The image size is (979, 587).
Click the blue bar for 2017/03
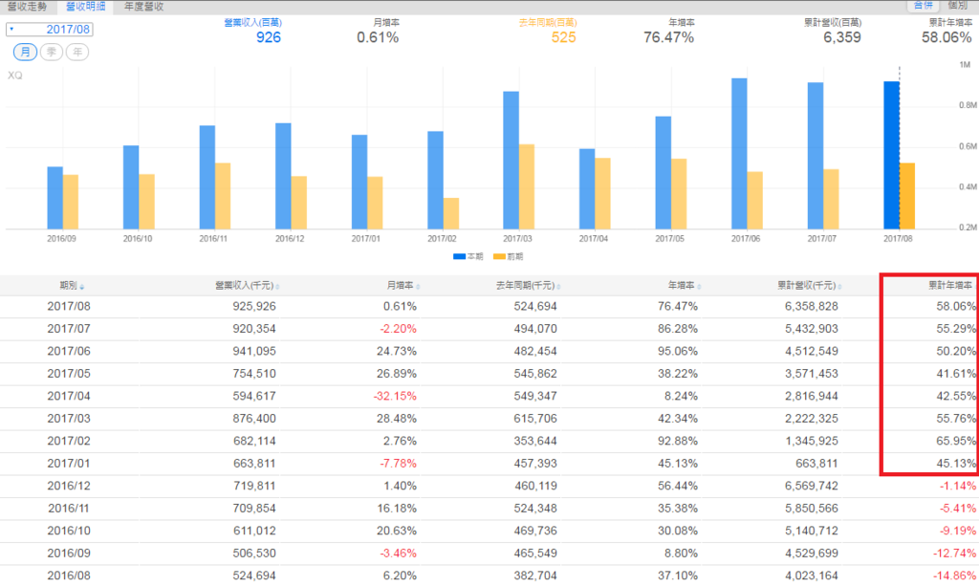tap(511, 160)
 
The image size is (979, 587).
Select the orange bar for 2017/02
tap(450, 213)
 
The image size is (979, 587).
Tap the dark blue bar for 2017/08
tap(891, 155)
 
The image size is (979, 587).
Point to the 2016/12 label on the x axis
tap(291, 238)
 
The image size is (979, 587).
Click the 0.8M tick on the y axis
tap(966, 106)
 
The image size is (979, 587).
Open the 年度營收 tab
tap(143, 7)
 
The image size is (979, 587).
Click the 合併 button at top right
tap(923, 7)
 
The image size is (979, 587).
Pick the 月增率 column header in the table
tap(401, 285)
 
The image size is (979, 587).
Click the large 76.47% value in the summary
tap(668, 38)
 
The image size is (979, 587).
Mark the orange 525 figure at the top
tap(563, 38)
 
